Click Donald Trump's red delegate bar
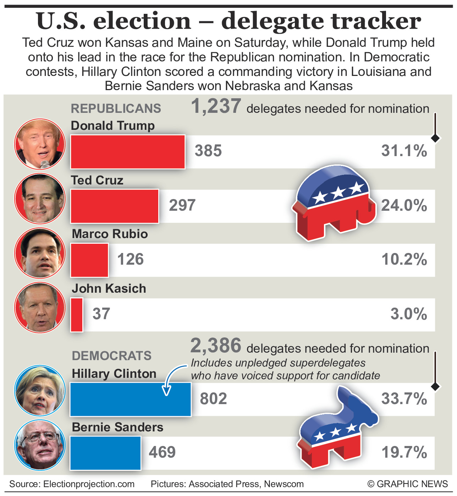128,151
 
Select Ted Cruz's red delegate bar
115,206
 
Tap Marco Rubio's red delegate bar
89,260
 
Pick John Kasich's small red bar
77,315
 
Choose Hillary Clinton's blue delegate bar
130,399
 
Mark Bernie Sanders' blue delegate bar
105,453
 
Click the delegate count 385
208,151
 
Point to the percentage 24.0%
404,205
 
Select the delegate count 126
131,259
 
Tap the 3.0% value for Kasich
409,314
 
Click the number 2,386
216,346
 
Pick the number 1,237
216,106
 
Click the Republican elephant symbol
334,202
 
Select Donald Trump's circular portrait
40,144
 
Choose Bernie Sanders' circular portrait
40,445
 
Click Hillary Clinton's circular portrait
40,390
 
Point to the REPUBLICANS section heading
116,109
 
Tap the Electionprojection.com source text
89,484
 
